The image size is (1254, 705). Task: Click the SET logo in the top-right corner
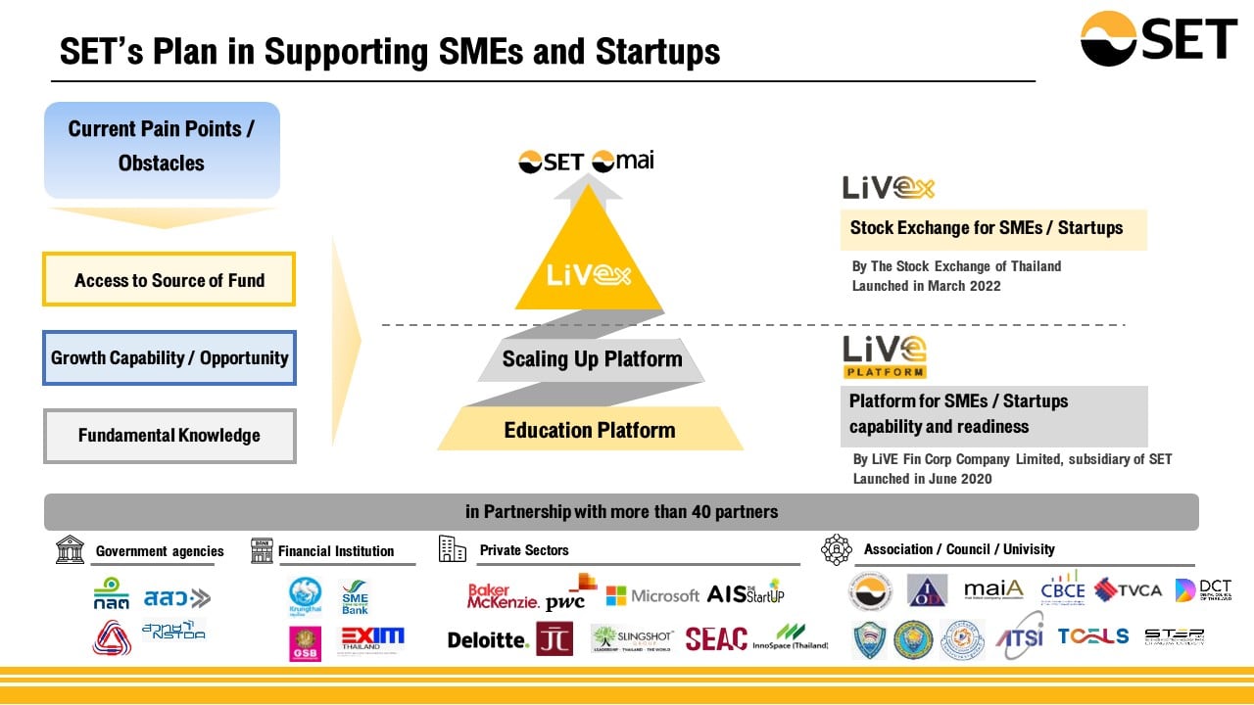pyautogui.click(x=1158, y=38)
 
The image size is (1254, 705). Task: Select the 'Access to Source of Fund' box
pyautogui.click(x=169, y=280)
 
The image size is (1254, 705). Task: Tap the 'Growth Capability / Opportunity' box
pyautogui.click(x=169, y=357)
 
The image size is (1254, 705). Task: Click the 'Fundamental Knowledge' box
pyautogui.click(x=169, y=435)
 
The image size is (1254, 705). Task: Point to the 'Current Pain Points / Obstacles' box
pyautogui.click(x=162, y=147)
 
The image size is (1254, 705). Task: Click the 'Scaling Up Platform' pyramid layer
pyautogui.click(x=592, y=359)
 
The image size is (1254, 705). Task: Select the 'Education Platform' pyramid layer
pyautogui.click(x=589, y=430)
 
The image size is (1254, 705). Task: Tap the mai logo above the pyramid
pyautogui.click(x=623, y=160)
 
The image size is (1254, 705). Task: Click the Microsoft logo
pyautogui.click(x=652, y=594)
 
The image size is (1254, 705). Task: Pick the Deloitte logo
pyautogui.click(x=488, y=639)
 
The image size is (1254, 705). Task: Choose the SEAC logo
pyautogui.click(x=716, y=638)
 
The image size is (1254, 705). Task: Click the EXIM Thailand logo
pyautogui.click(x=372, y=639)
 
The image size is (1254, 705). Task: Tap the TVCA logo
pyautogui.click(x=1128, y=589)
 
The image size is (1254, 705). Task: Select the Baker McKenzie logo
pyautogui.click(x=502, y=595)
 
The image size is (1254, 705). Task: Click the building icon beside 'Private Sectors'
pyautogui.click(x=453, y=549)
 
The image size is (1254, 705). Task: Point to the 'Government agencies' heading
pyautogui.click(x=160, y=551)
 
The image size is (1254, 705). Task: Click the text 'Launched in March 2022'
pyautogui.click(x=926, y=285)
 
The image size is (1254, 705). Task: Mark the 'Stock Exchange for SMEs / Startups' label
pyautogui.click(x=987, y=228)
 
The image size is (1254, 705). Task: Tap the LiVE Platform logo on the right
pyautogui.click(x=885, y=356)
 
